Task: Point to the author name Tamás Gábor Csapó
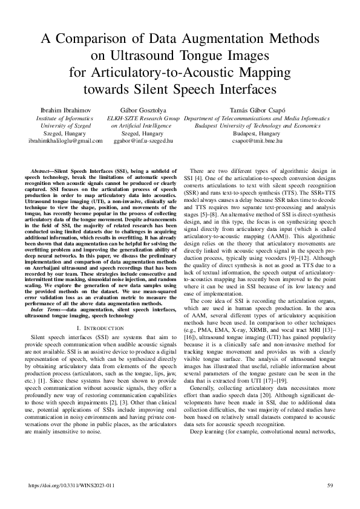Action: (x=258, y=111)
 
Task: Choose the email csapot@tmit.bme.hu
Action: (x=258, y=140)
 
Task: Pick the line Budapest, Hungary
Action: (x=258, y=133)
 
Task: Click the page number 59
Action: (x=330, y=485)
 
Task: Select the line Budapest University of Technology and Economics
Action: (x=258, y=126)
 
